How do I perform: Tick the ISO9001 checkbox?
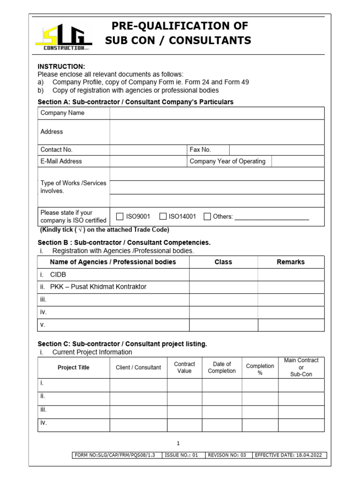pos(120,217)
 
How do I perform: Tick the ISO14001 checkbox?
pos(163,217)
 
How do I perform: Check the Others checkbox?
pos(207,217)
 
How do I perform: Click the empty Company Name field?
pos(217,113)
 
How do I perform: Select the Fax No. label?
pos(200,150)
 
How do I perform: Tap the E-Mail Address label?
pos(61,161)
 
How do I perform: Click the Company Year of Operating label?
pos(227,161)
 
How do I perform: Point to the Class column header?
pos(223,262)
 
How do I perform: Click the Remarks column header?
pos(291,262)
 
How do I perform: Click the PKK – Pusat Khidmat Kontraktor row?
pos(98,287)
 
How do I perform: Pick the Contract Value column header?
pos(184,367)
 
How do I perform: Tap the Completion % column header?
pos(260,369)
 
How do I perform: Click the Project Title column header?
pos(74,367)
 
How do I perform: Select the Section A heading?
pos(135,102)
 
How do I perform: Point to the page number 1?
pos(178,443)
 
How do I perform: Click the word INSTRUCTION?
pos(61,67)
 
